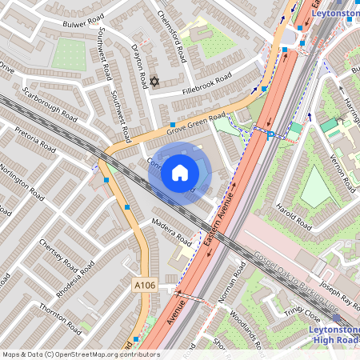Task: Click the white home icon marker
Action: [x=180, y=172]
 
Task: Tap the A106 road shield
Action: [x=144, y=286]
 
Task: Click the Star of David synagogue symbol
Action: [x=155, y=82]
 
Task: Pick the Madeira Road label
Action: [x=171, y=230]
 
